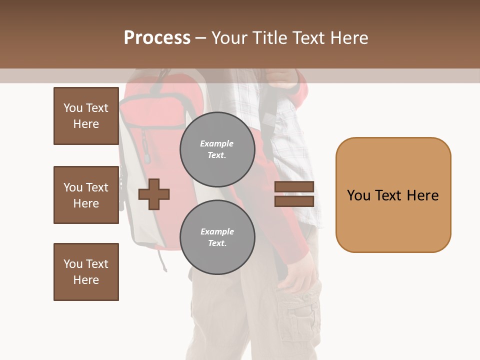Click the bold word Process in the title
tap(157, 38)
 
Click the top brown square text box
tap(86, 116)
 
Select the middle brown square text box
tap(86, 195)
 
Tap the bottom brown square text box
tap(86, 272)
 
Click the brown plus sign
tap(154, 194)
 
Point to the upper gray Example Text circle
tap(217, 149)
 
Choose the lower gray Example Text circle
tap(217, 237)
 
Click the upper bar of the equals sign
tap(294, 187)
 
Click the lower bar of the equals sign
tap(294, 201)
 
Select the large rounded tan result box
tap(393, 195)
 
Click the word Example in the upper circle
tap(217, 143)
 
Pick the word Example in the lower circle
tap(217, 231)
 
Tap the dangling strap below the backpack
tap(162, 260)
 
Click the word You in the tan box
tap(358, 195)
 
